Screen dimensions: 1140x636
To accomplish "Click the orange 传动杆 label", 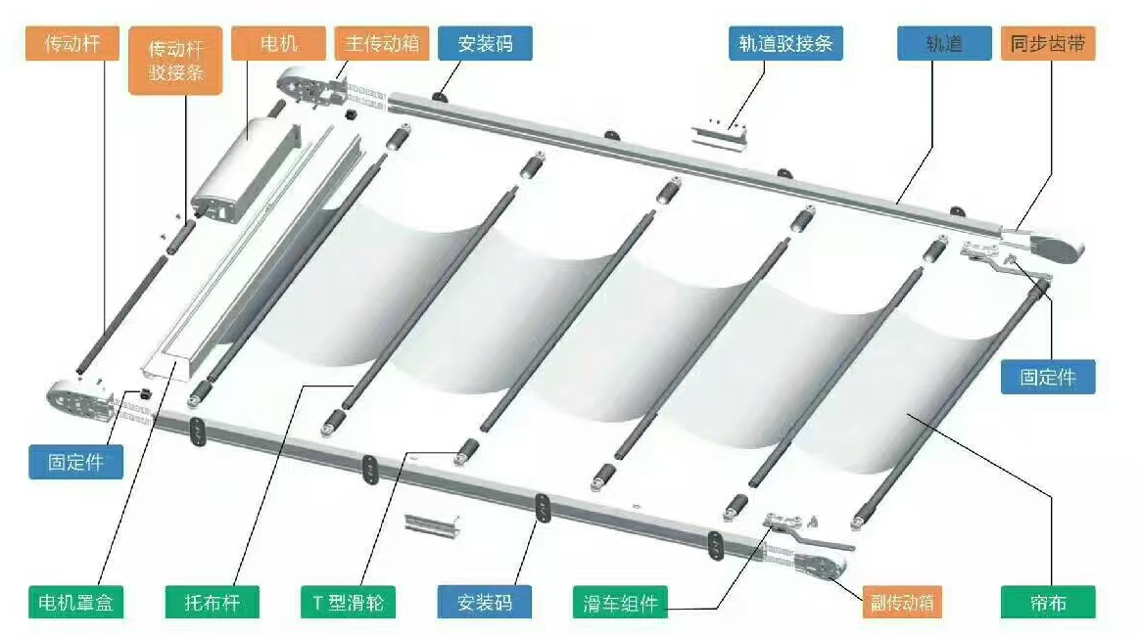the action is (71, 44).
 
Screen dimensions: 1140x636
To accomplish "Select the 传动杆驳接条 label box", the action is (175, 61).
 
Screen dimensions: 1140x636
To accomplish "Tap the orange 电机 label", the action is (278, 44).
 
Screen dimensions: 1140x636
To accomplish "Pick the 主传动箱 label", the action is (382, 44).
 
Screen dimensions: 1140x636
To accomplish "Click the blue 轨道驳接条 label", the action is (785, 44).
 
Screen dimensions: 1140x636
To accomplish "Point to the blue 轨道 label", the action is (944, 44).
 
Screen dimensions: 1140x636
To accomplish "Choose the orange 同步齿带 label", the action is (1048, 44).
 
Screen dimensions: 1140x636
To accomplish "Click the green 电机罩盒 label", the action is (75, 602).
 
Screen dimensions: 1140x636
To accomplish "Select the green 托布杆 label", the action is (212, 602).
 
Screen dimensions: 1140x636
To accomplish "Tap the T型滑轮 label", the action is (349, 602).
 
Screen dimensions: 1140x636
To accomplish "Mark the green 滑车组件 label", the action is (620, 602).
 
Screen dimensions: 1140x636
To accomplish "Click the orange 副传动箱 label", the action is (902, 602).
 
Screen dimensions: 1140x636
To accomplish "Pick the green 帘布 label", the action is (1048, 602).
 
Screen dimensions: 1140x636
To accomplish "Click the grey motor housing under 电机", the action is (244, 170).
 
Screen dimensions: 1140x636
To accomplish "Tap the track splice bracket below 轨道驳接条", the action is (719, 136).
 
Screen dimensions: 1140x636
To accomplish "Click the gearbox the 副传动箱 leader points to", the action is (820, 566).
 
